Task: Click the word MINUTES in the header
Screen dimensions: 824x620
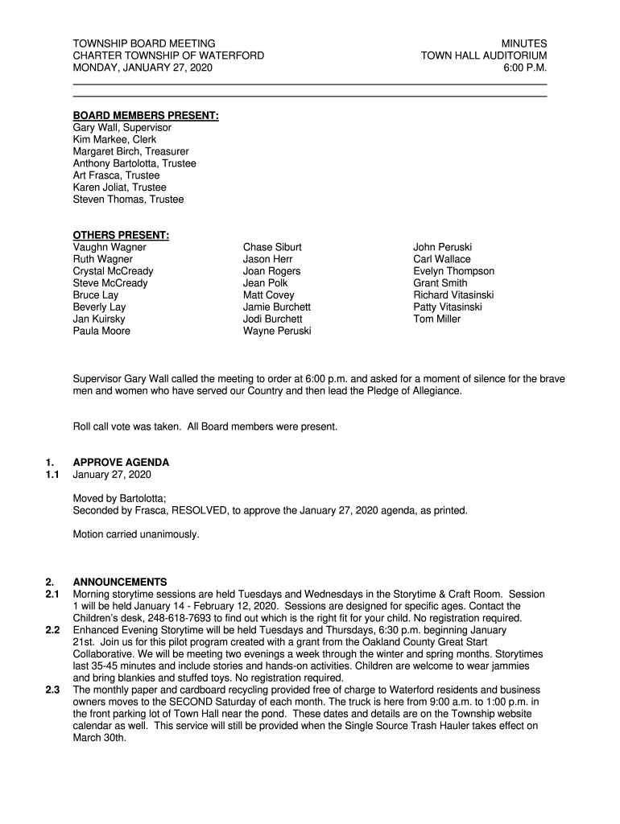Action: pyautogui.click(x=524, y=43)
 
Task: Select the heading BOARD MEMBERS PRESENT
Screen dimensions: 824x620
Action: pyautogui.click(x=146, y=116)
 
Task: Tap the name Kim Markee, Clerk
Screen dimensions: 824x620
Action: pyautogui.click(x=114, y=139)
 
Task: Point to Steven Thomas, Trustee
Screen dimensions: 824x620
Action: pyautogui.click(x=128, y=199)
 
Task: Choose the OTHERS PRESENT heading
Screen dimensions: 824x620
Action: pyautogui.click(x=121, y=235)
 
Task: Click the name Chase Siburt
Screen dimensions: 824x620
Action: pyautogui.click(x=272, y=247)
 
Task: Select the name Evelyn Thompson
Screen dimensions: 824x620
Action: pyautogui.click(x=454, y=271)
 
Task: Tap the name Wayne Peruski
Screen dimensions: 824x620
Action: pyautogui.click(x=277, y=331)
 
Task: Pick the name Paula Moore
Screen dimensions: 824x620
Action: pyautogui.click(x=101, y=331)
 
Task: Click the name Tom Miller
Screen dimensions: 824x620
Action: pyautogui.click(x=437, y=319)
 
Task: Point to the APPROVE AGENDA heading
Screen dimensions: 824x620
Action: pyautogui.click(x=121, y=463)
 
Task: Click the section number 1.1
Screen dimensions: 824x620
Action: pyautogui.click(x=52, y=475)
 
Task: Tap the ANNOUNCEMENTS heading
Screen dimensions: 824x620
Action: pyautogui.click(x=120, y=582)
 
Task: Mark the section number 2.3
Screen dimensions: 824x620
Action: pyautogui.click(x=52, y=690)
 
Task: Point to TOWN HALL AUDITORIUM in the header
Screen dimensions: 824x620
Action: pyautogui.click(x=484, y=56)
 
